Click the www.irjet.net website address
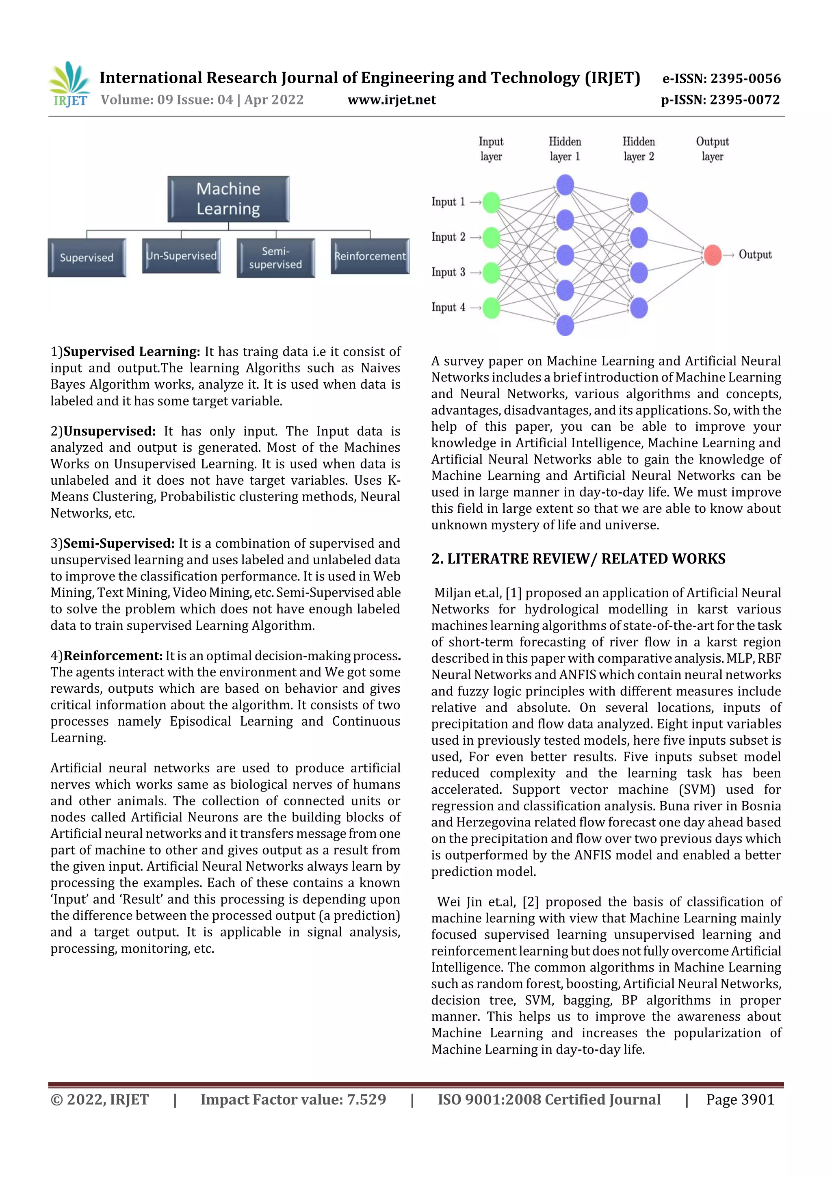point(392,100)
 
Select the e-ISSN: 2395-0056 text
point(721,78)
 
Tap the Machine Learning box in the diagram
point(228,199)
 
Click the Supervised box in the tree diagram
point(87,257)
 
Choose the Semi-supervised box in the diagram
point(275,258)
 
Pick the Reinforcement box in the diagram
point(370,256)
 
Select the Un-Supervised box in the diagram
point(181,255)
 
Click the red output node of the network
point(712,255)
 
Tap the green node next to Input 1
point(491,202)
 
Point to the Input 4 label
point(448,307)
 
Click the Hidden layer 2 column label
point(638,149)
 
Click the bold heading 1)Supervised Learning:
point(125,352)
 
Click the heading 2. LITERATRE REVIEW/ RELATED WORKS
point(578,559)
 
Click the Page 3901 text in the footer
point(740,1099)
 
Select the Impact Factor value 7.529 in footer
point(293,1099)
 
